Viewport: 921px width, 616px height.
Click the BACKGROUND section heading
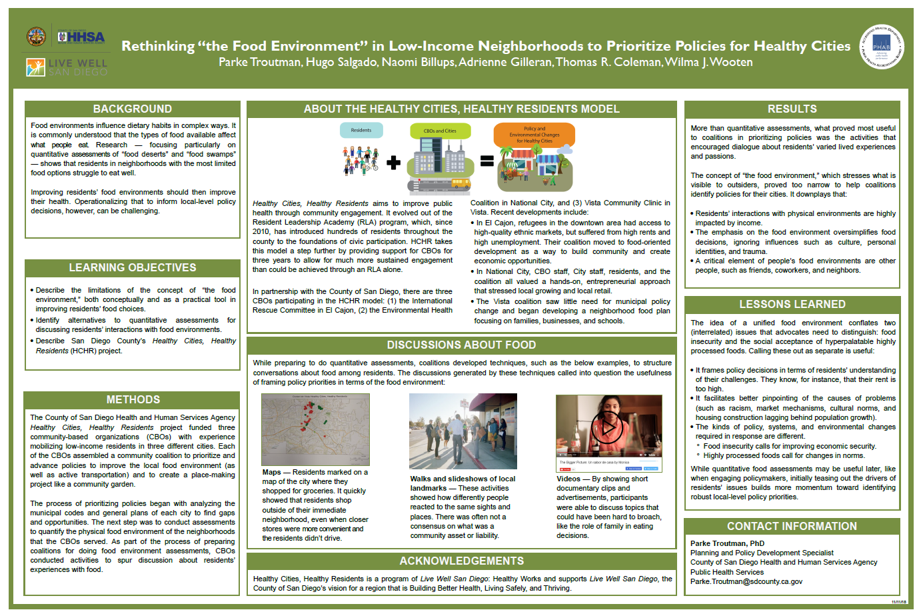(132, 109)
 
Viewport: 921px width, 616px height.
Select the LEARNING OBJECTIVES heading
(132, 268)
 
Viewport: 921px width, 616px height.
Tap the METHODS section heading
(133, 400)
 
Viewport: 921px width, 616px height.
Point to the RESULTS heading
(792, 109)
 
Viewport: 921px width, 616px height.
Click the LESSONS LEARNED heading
(792, 305)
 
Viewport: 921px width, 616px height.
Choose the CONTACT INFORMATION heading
(792, 527)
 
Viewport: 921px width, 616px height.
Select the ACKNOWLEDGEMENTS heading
(461, 561)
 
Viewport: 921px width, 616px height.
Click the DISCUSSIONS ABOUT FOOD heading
(461, 345)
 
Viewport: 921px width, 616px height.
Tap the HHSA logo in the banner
(81, 37)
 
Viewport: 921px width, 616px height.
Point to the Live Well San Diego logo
(67, 67)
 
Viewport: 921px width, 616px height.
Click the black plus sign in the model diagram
(394, 162)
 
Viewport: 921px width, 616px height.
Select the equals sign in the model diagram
(487, 161)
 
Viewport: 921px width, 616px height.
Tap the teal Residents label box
(361, 130)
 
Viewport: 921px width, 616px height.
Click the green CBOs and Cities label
(440, 131)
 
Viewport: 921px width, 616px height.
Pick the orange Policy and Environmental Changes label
(534, 135)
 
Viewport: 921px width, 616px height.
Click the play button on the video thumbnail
(607, 428)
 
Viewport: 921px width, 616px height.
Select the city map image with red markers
(315, 429)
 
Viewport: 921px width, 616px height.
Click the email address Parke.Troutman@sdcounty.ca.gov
(746, 581)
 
